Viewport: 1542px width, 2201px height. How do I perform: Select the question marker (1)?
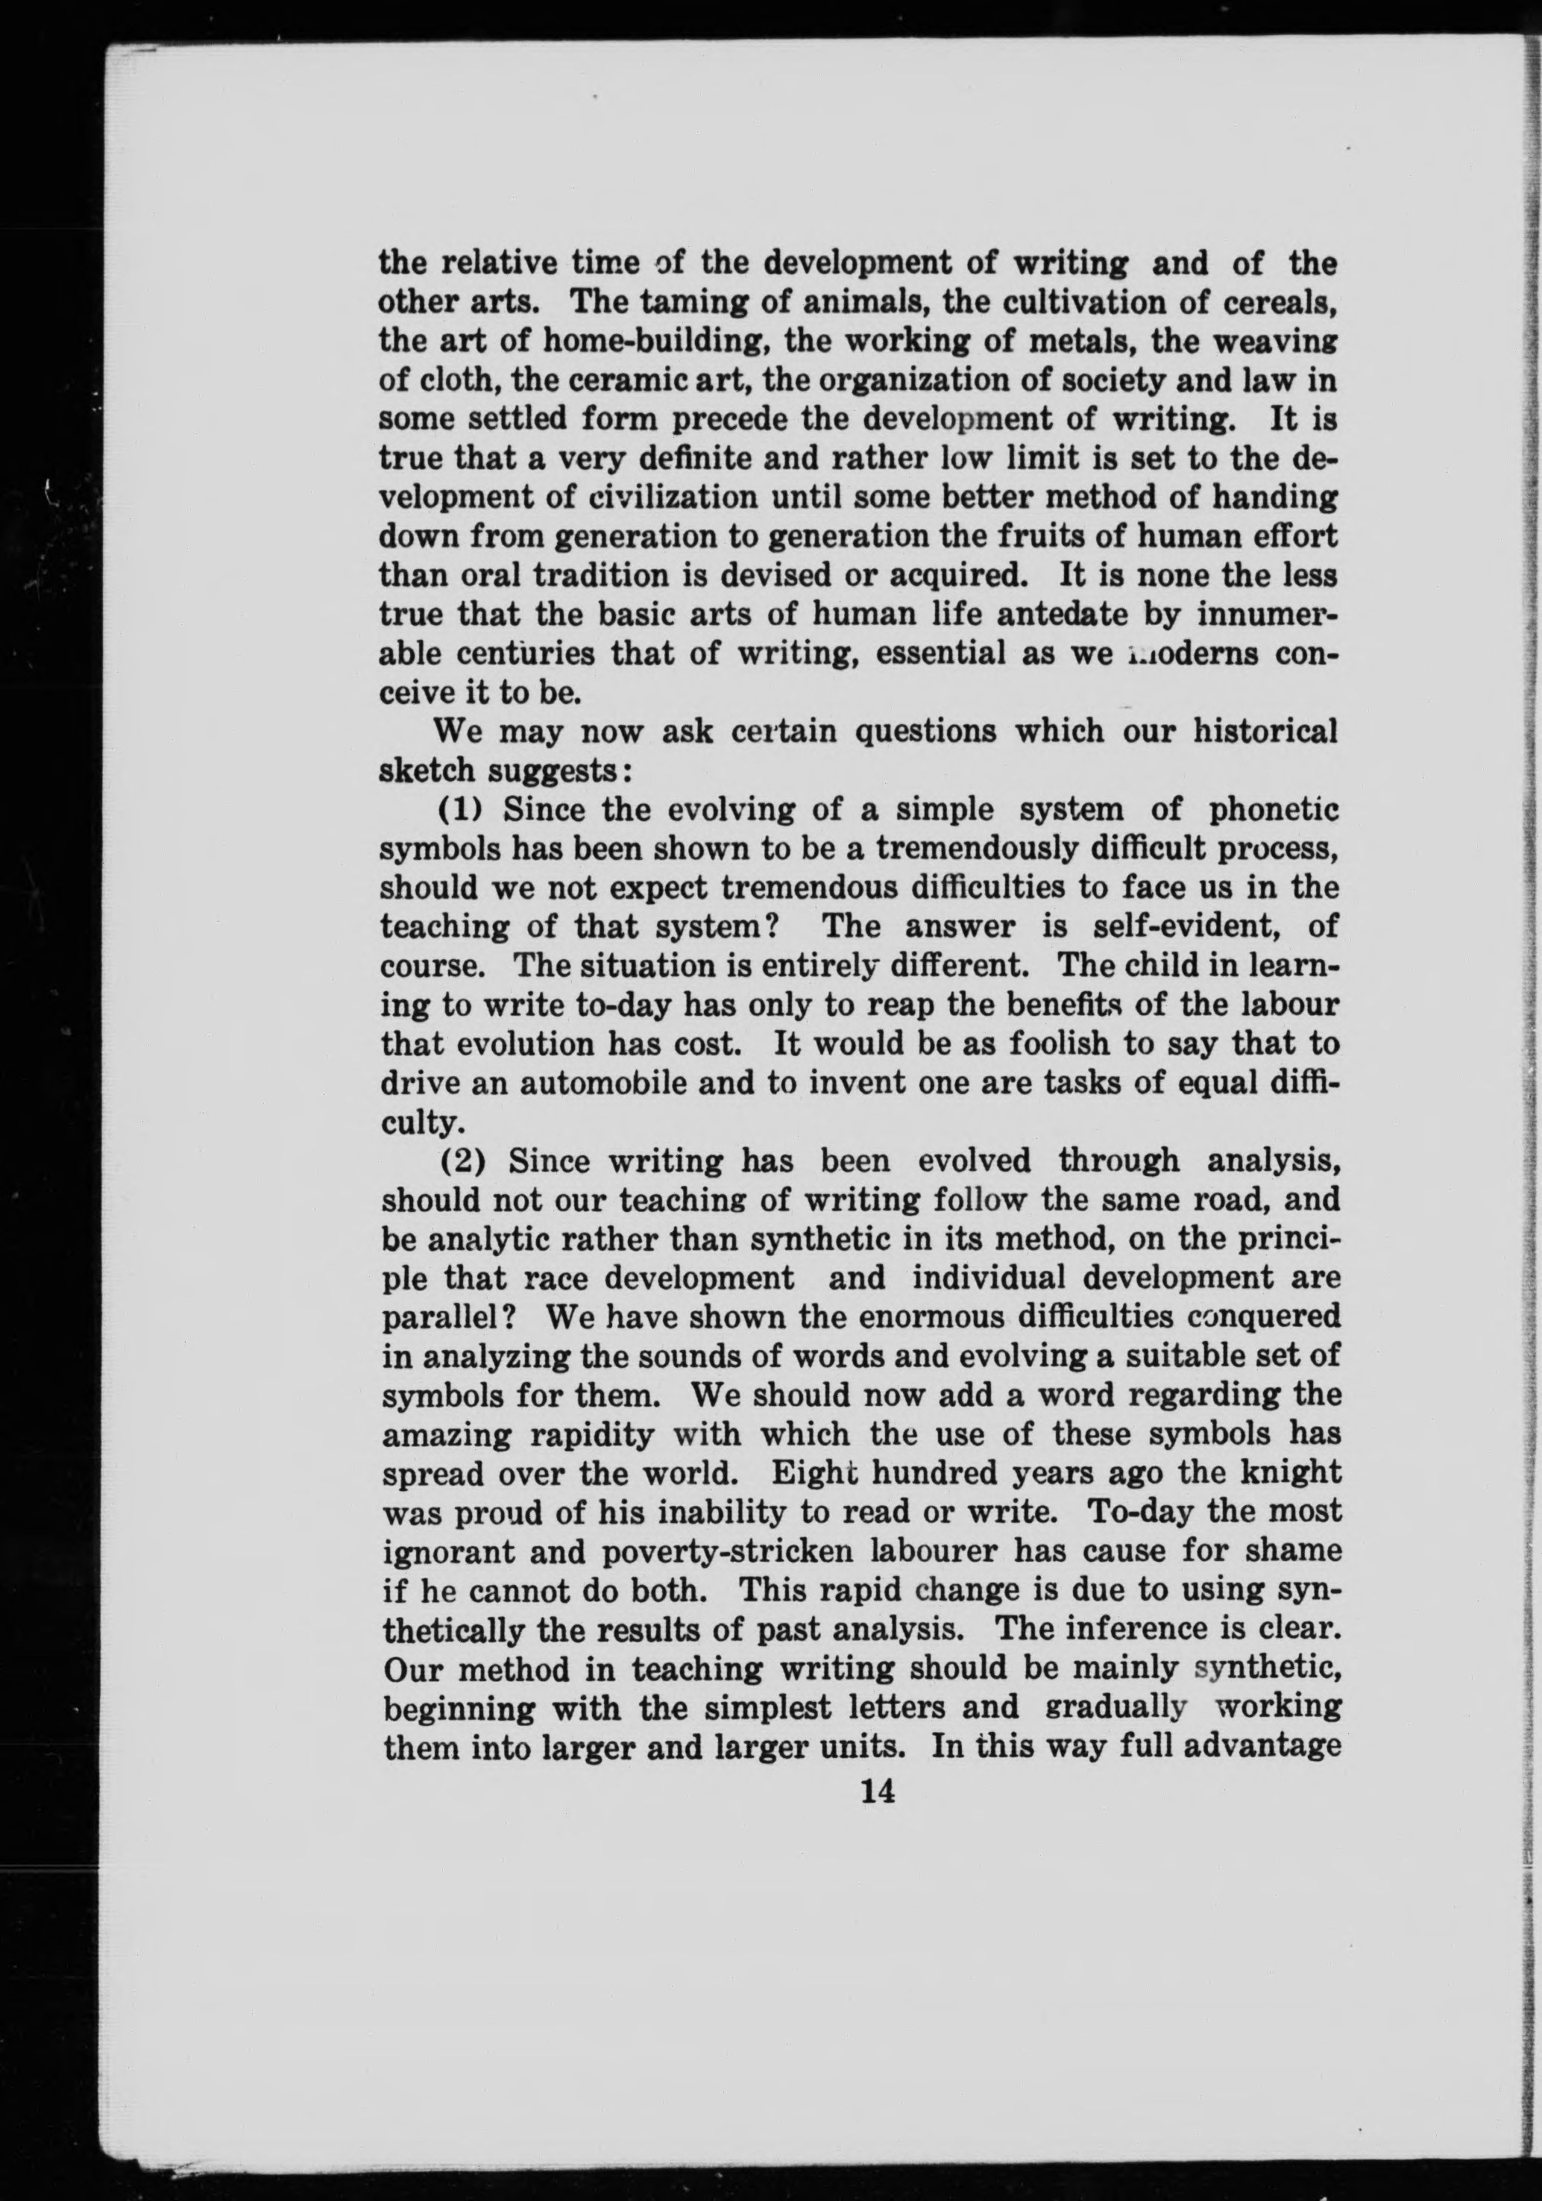tap(458, 810)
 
